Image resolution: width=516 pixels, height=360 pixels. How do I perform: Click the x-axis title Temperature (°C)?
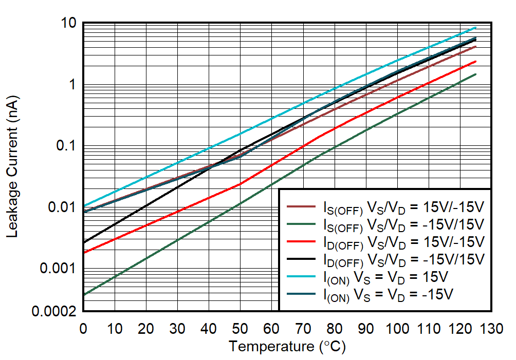pyautogui.click(x=287, y=347)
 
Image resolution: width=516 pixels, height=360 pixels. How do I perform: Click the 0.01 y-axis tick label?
pyautogui.click(x=61, y=207)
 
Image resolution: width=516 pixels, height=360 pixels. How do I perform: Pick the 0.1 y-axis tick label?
pyautogui.click(x=66, y=146)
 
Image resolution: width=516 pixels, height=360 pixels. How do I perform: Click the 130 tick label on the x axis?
pyautogui.click(x=491, y=328)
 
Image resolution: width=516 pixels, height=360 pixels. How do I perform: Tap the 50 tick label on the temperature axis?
pyautogui.click(x=240, y=328)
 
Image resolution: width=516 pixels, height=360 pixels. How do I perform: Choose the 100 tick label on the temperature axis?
pyautogui.click(x=397, y=328)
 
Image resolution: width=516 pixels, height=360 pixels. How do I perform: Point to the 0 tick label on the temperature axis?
pyautogui.click(x=83, y=328)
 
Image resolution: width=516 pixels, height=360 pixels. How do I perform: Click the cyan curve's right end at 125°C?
pyautogui.click(x=476, y=28)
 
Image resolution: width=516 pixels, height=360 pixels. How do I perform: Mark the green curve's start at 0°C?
pyautogui.click(x=84, y=295)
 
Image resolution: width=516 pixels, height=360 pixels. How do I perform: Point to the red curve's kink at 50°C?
pyautogui.click(x=240, y=184)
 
